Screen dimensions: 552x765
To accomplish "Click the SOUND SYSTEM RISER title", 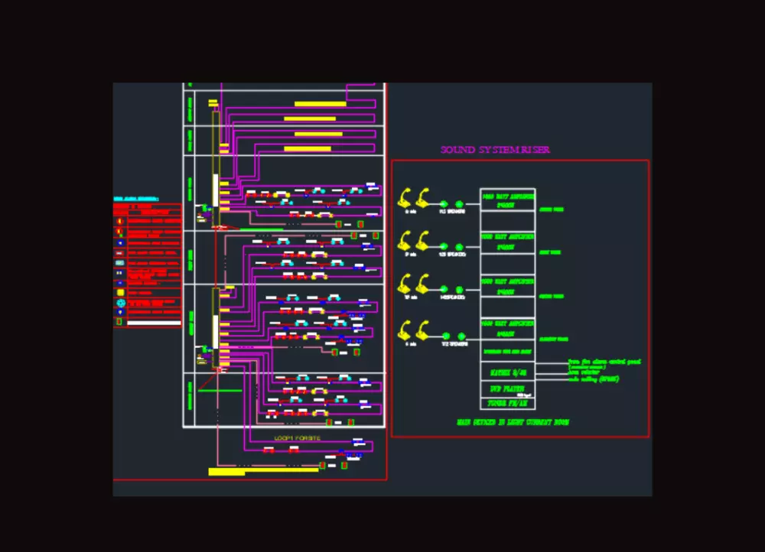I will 495,150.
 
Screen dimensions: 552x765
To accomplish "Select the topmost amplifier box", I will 507,200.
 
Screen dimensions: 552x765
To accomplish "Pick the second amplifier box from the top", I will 507,243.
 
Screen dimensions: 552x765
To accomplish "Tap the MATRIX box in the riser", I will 507,372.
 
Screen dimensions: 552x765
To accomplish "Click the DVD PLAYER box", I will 507,388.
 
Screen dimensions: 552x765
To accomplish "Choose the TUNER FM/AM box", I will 507,403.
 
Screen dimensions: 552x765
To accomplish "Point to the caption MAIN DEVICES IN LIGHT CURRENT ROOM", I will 512,422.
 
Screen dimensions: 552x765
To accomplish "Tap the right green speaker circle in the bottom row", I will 461,336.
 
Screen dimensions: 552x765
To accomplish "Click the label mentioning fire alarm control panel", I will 604,362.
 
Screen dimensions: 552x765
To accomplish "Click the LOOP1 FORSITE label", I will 298,438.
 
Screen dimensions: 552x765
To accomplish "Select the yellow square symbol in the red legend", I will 119,292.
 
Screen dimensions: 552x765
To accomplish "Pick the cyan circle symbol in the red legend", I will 119,303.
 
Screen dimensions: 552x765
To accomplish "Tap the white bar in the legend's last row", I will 153,323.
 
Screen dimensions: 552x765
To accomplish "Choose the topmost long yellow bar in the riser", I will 321,104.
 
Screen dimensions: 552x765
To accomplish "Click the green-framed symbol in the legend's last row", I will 119,322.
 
